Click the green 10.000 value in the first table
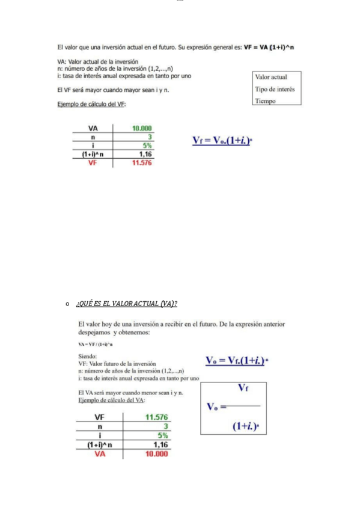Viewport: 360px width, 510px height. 142,128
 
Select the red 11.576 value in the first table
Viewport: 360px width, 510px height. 142,162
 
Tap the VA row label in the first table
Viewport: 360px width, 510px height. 93,128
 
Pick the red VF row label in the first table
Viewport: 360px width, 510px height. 93,162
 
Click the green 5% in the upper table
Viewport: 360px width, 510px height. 147,146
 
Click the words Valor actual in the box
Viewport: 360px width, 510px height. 271,77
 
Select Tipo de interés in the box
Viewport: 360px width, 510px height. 275,89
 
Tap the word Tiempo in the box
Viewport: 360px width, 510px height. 265,101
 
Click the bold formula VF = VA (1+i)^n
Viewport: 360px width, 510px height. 268,46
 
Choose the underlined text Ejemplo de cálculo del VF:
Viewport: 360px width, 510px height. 91,104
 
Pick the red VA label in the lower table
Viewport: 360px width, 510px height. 100,454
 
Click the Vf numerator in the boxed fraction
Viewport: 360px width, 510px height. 244,389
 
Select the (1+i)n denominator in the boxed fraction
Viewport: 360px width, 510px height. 247,426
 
